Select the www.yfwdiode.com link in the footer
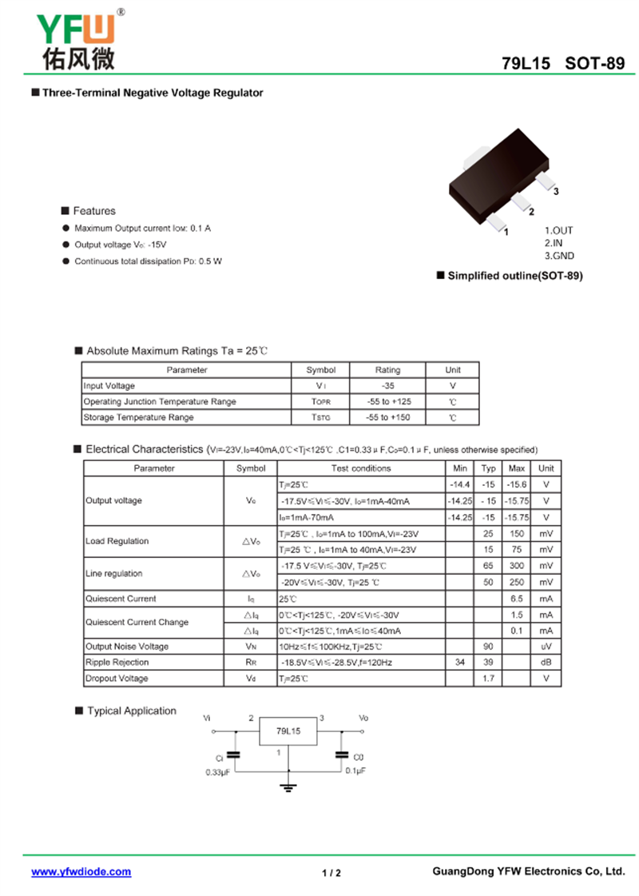point(81,872)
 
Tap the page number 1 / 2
point(331,873)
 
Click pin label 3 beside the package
point(555,192)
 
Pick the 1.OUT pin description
point(559,230)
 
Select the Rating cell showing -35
point(388,386)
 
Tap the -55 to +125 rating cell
point(388,402)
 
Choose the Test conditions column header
point(361,468)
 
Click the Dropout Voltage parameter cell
point(117,679)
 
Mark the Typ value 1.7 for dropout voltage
point(488,679)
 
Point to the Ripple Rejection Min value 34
point(460,663)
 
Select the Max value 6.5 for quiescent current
point(517,599)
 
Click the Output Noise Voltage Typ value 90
point(488,647)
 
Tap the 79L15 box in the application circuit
point(288,731)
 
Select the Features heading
point(93,211)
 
